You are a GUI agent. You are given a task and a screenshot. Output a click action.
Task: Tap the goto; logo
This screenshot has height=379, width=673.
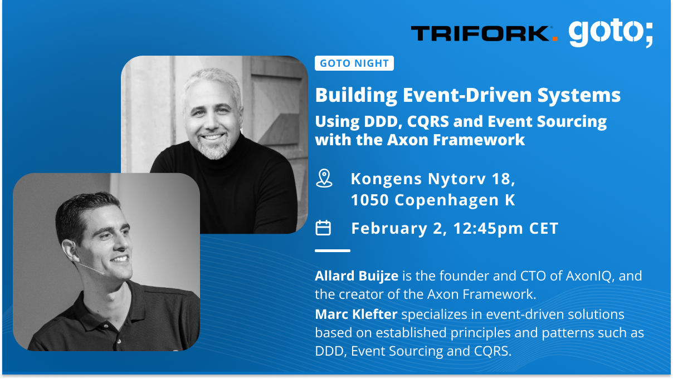pyautogui.click(x=611, y=33)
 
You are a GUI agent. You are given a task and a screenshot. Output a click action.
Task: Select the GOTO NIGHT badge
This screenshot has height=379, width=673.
pyautogui.click(x=354, y=63)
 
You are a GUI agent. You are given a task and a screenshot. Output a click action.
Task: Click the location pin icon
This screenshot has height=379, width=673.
pyautogui.click(x=324, y=179)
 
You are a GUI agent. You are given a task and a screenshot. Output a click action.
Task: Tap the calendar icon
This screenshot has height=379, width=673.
pyautogui.click(x=323, y=228)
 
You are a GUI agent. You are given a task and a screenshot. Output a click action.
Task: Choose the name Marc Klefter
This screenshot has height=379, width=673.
pyautogui.click(x=356, y=315)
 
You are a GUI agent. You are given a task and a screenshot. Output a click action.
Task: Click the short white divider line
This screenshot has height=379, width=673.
pyautogui.click(x=333, y=251)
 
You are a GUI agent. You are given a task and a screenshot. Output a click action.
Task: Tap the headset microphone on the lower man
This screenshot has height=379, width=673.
pyautogui.click(x=92, y=269)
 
